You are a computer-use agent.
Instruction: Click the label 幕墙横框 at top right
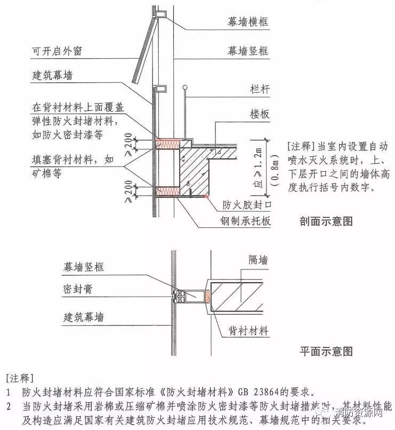point(247,22)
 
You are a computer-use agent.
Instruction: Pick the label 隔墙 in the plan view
point(258,260)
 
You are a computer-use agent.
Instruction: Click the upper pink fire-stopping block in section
point(166,144)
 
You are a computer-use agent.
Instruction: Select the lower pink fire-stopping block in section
point(166,189)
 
